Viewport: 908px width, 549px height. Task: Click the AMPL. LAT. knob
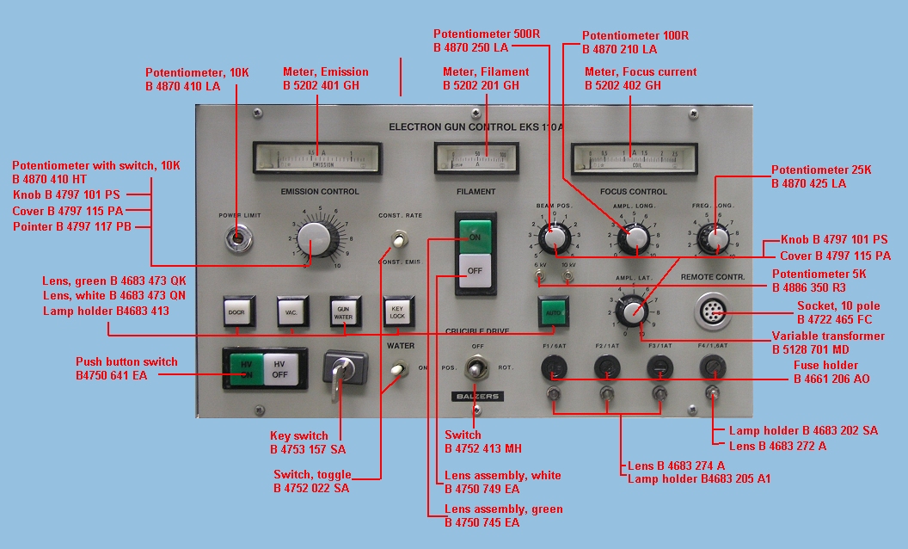(634, 308)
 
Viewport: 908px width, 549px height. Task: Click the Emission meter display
(317, 157)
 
